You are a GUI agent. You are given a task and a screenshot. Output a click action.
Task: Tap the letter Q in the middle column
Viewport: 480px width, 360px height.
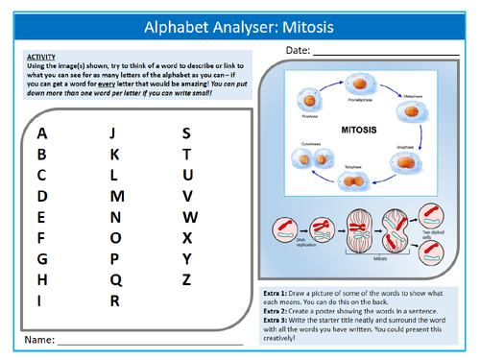click(115, 279)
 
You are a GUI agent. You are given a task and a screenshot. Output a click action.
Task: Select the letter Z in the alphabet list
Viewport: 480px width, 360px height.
click(187, 279)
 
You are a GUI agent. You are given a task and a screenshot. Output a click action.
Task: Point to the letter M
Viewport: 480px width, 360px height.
click(118, 196)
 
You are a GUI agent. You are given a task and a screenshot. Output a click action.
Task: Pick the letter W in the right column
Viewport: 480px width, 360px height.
click(190, 217)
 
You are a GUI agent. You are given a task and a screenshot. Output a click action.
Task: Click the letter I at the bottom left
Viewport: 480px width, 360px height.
click(39, 300)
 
